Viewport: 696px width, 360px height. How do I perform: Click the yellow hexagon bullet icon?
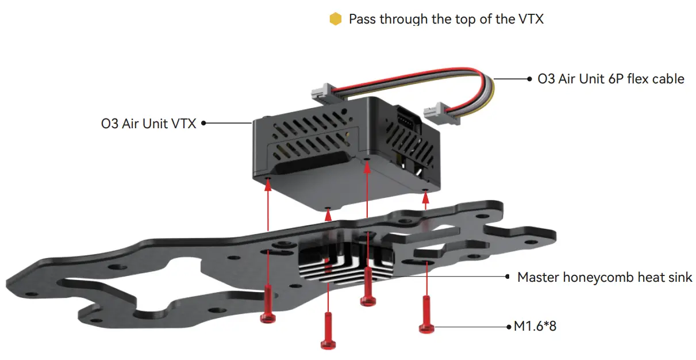click(336, 19)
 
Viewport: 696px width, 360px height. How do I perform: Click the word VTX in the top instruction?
click(530, 19)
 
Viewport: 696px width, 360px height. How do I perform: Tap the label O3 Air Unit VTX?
click(148, 124)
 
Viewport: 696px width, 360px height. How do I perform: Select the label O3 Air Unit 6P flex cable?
click(611, 79)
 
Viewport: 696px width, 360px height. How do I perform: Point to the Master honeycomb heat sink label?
click(605, 277)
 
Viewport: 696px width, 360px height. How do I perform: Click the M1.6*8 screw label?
click(535, 326)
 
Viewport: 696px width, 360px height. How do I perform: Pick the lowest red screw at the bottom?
click(328, 331)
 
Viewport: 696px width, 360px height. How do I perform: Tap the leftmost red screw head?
click(268, 317)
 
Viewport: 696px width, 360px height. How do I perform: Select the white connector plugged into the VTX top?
click(323, 93)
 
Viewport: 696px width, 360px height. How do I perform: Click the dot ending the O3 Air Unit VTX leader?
click(203, 123)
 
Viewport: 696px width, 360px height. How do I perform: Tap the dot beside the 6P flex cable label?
click(529, 79)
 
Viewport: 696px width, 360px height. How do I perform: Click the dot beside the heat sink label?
click(507, 277)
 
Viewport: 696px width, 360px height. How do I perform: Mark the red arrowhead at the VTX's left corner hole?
click(268, 186)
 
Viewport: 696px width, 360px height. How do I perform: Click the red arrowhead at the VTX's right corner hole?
click(426, 198)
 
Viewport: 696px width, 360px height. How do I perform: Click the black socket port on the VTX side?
click(407, 120)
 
